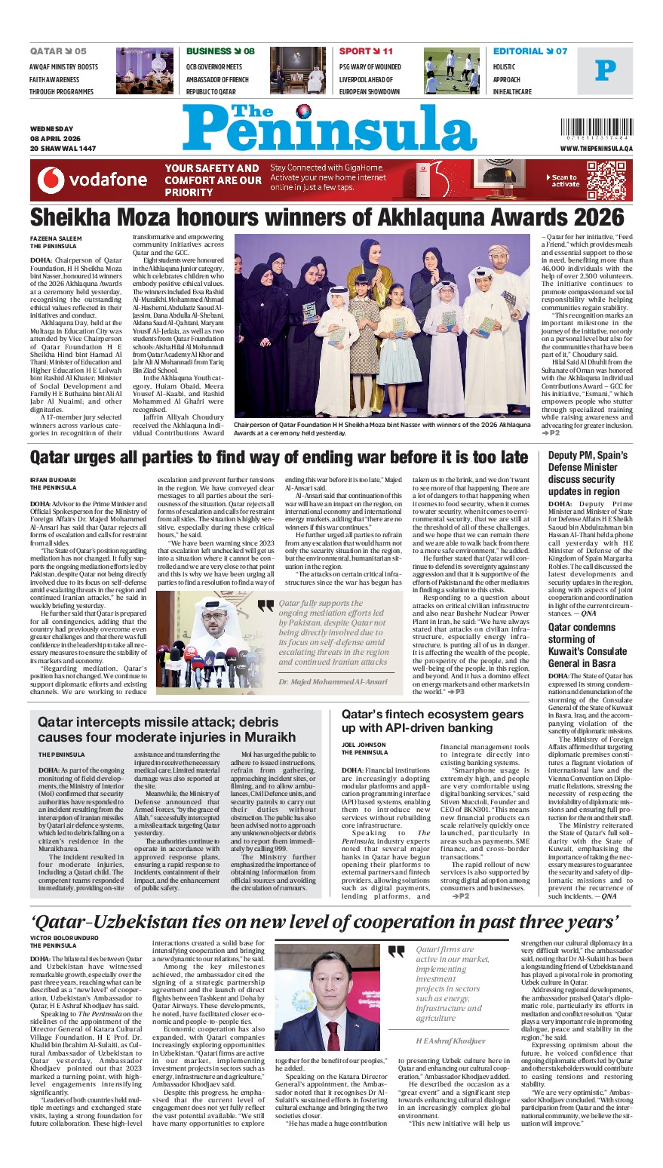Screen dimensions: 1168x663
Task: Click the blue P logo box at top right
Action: pos(605,71)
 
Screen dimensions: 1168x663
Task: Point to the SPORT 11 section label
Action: pos(366,51)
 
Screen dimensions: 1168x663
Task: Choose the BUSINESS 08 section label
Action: pos(220,51)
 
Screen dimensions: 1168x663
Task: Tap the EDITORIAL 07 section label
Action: pos(529,51)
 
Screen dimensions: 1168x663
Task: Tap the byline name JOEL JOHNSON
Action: pos(365,744)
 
